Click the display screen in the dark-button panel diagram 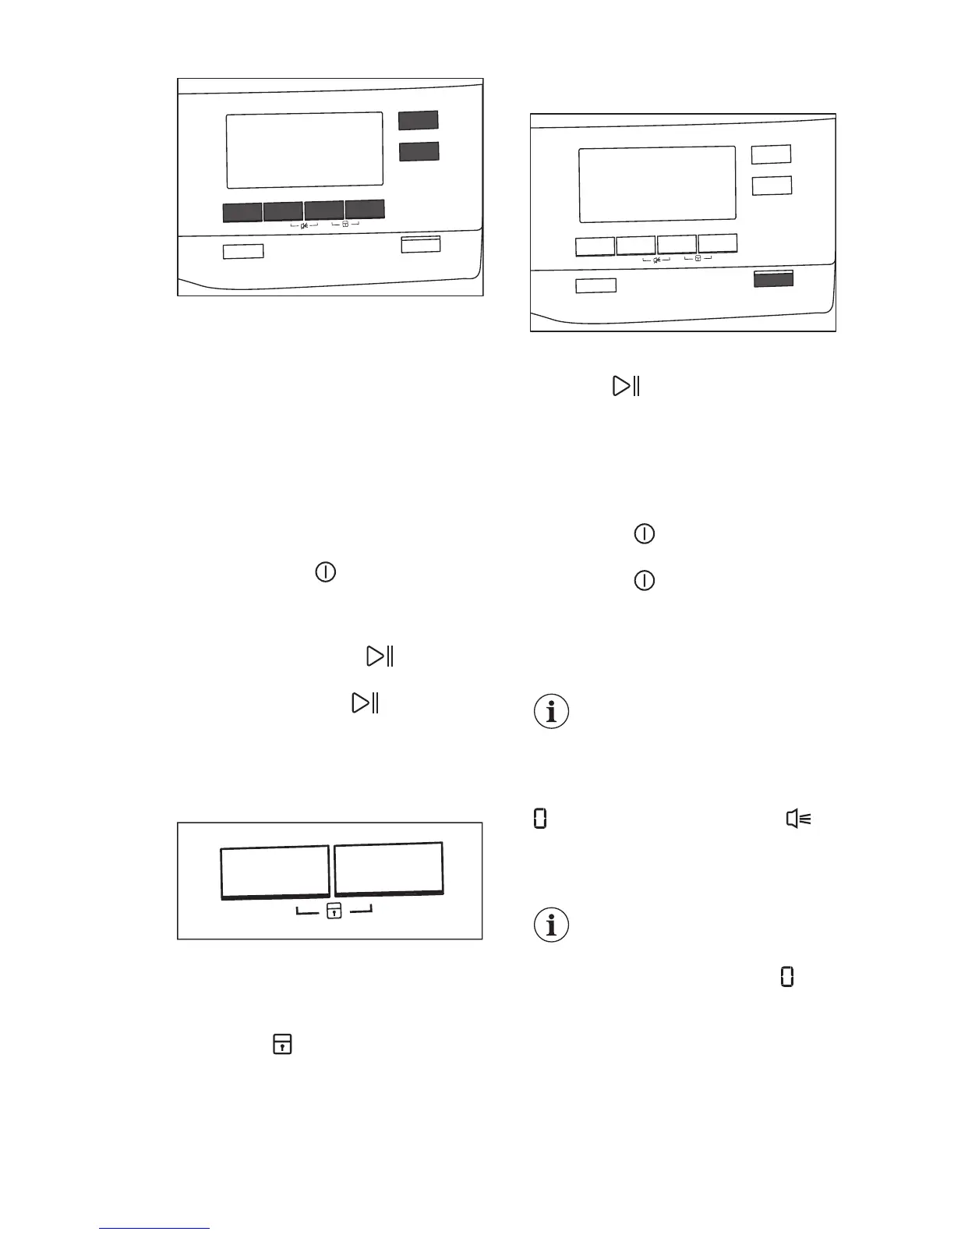[305, 150]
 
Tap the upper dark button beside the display [419, 120]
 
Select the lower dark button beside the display [419, 151]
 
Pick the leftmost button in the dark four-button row [242, 212]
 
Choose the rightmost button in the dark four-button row [365, 209]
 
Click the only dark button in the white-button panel [773, 278]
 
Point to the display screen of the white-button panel [657, 184]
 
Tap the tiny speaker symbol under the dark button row [304, 226]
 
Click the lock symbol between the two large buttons [334, 910]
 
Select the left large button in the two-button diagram [274, 872]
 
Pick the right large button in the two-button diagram [389, 868]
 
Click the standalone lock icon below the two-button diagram [282, 1044]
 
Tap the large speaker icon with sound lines [799, 819]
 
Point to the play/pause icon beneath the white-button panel [627, 386]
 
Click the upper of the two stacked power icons [645, 534]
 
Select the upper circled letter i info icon [552, 712]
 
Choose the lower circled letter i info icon [552, 925]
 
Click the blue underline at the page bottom [154, 1228]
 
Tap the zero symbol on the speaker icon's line [539, 819]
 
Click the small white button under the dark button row [243, 251]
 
